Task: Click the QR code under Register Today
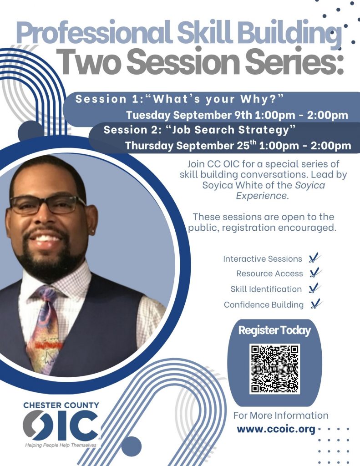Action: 275,369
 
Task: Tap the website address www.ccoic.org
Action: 276,430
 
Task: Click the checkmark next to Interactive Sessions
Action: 314,258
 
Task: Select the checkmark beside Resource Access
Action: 315,273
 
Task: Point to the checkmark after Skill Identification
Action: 314,288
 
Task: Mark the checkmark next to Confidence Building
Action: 316,304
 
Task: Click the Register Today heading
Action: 274,330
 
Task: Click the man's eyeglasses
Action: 48,205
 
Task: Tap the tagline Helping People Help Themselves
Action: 61,445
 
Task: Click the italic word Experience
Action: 262,196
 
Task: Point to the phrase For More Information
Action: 281,415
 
